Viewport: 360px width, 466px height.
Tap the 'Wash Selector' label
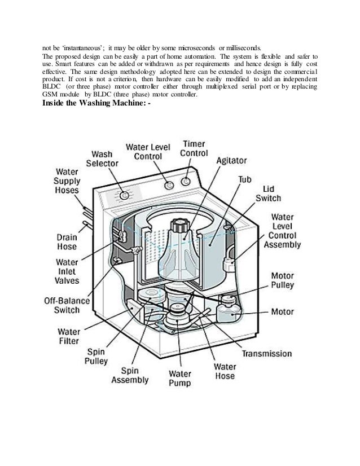pyautogui.click(x=106, y=158)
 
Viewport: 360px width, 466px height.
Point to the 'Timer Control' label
pyautogui.click(x=194, y=148)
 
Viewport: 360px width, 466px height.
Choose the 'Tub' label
pyautogui.click(x=244, y=179)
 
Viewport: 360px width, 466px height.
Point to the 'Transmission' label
pyautogui.click(x=267, y=354)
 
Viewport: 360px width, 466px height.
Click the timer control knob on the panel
pyautogui.click(x=185, y=182)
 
